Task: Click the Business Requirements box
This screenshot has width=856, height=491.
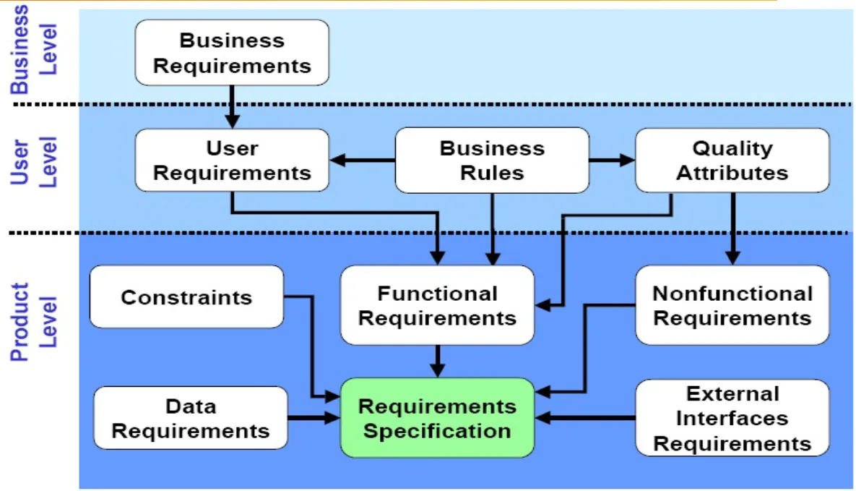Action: coord(232,53)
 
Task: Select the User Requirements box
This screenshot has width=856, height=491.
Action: coord(232,161)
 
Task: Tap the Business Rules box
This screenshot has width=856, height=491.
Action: coord(492,161)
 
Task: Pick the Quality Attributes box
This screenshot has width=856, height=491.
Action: coord(732,161)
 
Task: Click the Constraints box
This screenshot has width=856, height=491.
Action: coord(186,297)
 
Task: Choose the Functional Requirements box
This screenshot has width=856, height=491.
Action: coord(437,305)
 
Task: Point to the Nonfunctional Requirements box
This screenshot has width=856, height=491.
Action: coord(732,305)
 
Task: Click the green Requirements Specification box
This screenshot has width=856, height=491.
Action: coord(437,418)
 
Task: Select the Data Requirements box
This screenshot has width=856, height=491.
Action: coord(191,418)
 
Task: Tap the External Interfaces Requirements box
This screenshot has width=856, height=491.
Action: coord(732,418)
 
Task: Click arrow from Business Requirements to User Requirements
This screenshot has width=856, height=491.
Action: coord(232,106)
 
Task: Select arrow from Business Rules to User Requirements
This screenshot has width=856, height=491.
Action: coord(363,161)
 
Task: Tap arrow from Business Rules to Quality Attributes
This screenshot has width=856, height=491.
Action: coord(612,161)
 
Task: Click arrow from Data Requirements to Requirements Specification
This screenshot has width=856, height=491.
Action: coord(314,418)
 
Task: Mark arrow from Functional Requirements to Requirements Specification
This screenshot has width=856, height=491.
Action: coord(437,361)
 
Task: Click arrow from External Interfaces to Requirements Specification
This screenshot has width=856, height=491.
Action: coord(584,418)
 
